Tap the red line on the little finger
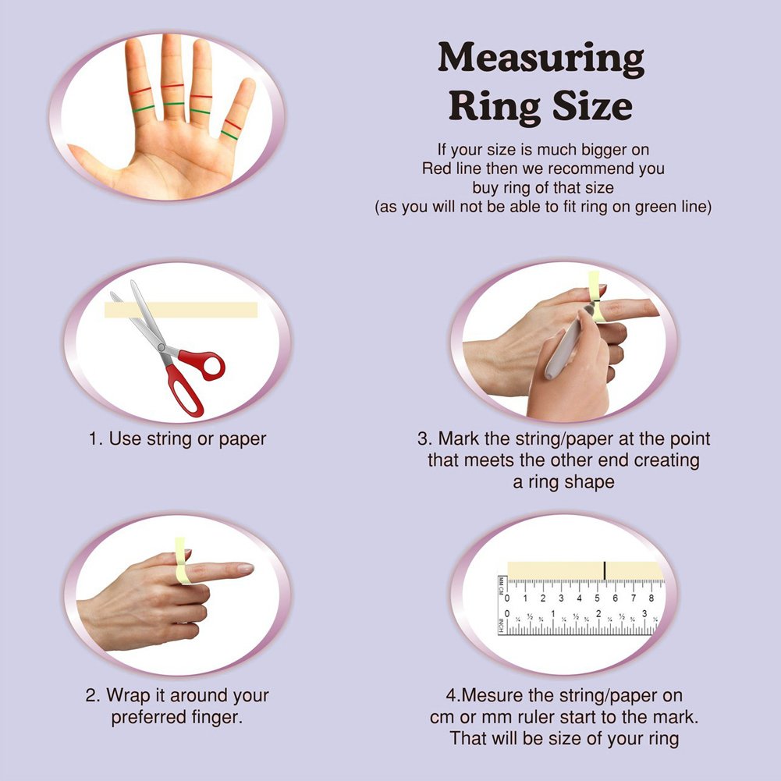tap(233, 125)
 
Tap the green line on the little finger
tap(229, 135)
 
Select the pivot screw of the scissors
tap(162, 347)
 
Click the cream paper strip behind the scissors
tap(181, 310)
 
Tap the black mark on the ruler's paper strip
tap(605, 570)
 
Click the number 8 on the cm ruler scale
tap(651, 598)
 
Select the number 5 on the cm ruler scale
tap(597, 598)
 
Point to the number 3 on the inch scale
tap(644, 613)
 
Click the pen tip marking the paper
tap(594, 304)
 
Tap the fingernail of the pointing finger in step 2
tap(246, 568)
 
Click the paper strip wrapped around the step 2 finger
tap(182, 560)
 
